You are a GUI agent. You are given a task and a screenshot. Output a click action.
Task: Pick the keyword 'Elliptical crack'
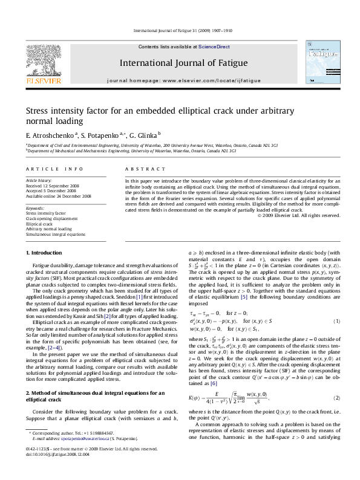coord(40,224)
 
